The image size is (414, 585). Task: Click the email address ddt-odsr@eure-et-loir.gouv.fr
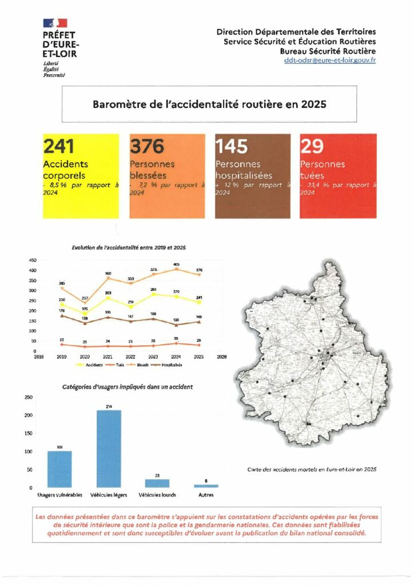[x=330, y=61]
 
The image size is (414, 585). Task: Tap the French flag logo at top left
[x=54, y=23]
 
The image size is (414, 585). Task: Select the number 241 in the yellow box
[x=59, y=147]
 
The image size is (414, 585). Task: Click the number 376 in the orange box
[x=147, y=147]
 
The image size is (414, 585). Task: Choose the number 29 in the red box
[x=312, y=147]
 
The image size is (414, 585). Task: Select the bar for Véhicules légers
[x=109, y=448]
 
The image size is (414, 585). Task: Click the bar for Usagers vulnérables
[x=59, y=469]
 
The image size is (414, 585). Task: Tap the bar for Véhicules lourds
[x=157, y=483]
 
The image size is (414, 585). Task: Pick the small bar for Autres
[x=206, y=486]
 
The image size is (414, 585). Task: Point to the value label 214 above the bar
[x=109, y=406]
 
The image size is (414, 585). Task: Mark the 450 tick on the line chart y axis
[x=33, y=260]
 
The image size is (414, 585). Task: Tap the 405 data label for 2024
[x=176, y=265]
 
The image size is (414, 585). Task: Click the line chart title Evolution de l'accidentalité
[x=129, y=247]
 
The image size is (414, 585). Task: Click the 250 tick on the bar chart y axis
[x=29, y=397]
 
